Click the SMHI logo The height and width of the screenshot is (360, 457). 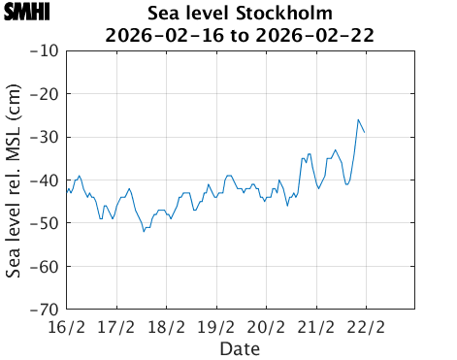point(26,13)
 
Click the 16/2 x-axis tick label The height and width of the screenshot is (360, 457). point(67,326)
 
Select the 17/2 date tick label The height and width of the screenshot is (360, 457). point(116,326)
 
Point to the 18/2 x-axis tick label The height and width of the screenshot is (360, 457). point(167,326)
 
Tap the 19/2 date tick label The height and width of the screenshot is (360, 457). point(216,326)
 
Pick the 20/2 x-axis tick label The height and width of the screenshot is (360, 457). point(267,326)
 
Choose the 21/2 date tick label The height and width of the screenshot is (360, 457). point(316,326)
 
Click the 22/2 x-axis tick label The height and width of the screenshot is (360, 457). point(367,326)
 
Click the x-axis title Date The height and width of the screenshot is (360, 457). point(240,347)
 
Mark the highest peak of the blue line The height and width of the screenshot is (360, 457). point(358,119)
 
